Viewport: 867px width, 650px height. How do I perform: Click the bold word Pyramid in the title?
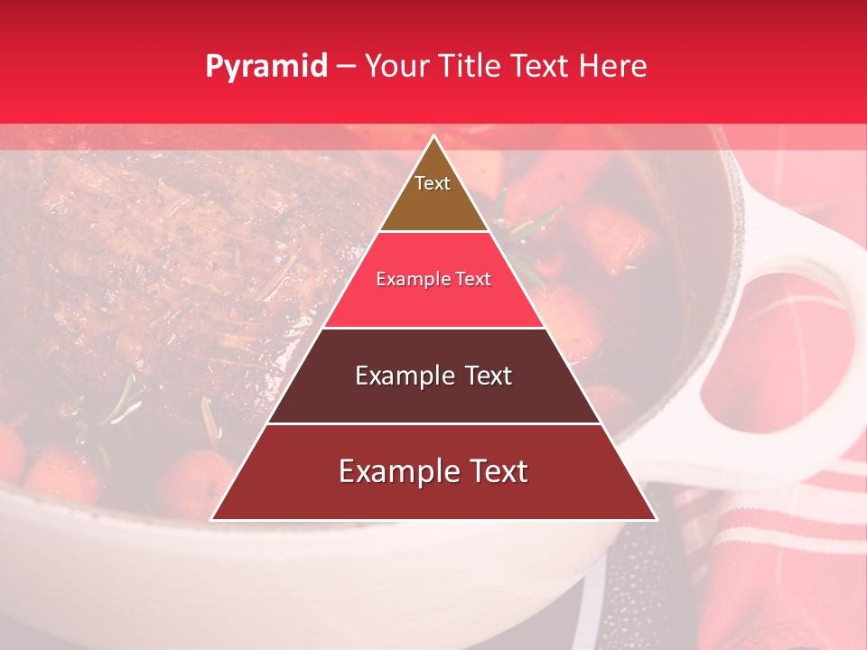point(266,66)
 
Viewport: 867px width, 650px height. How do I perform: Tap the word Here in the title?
point(612,66)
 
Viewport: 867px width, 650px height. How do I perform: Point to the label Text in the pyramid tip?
point(433,183)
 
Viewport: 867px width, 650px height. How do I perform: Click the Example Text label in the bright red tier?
point(433,279)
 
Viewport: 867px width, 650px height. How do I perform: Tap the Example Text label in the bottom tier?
point(433,470)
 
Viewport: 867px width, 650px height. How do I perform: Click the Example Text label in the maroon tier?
point(433,375)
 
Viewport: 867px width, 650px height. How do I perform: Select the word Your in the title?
point(395,66)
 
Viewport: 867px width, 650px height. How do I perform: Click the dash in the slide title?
point(346,67)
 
